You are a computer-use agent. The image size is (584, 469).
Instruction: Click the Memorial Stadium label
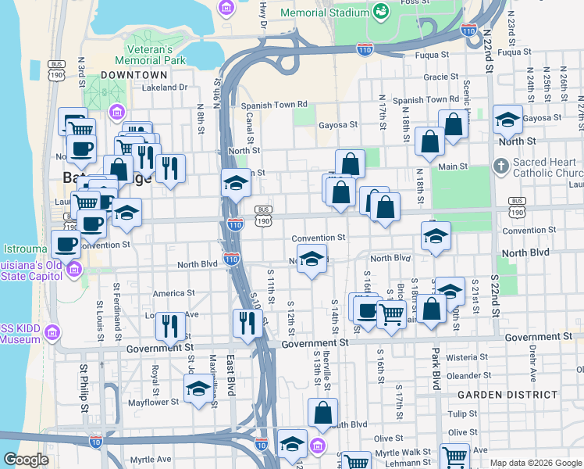pyautogui.click(x=324, y=13)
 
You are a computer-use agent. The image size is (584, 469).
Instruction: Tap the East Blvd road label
pyautogui.click(x=230, y=375)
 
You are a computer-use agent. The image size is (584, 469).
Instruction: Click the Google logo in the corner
pyautogui.click(x=26, y=460)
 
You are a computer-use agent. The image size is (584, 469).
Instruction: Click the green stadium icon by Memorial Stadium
pyautogui.click(x=381, y=11)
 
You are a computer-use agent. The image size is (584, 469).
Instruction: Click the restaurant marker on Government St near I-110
pyautogui.click(x=247, y=324)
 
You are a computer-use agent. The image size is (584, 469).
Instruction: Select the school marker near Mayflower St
pyautogui.click(x=199, y=389)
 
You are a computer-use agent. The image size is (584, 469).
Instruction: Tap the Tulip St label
pyautogui.click(x=462, y=414)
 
